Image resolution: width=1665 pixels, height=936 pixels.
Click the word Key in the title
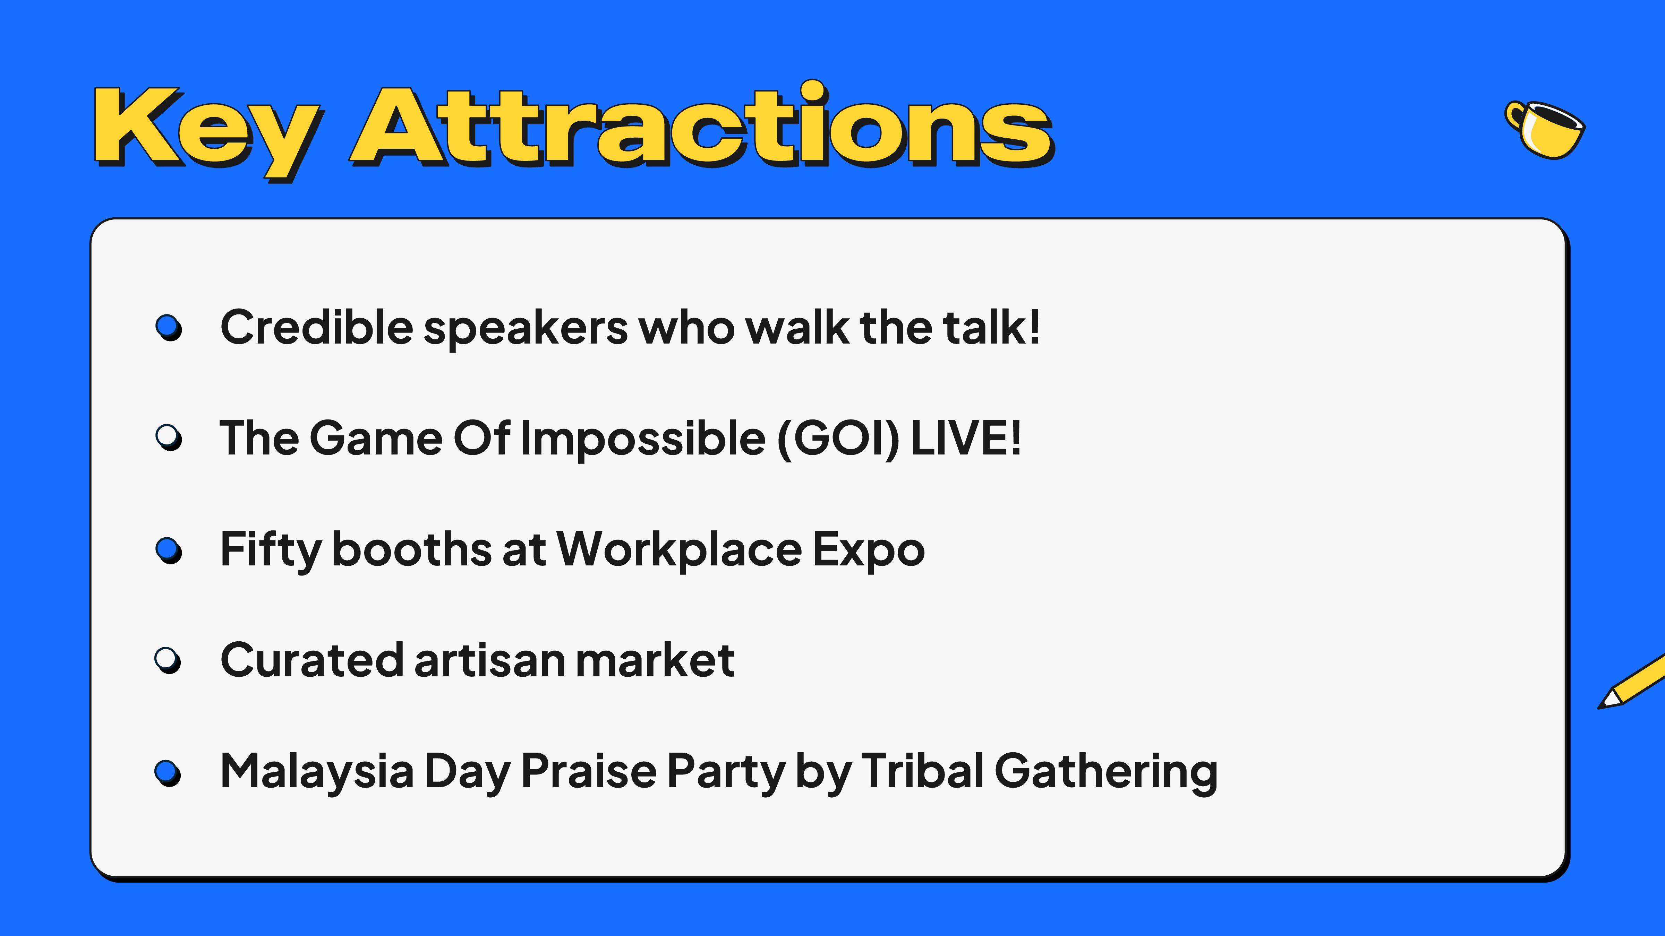pos(207,132)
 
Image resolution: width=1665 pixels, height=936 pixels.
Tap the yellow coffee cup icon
pos(1545,129)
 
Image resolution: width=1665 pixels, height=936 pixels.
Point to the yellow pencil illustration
pos(1632,682)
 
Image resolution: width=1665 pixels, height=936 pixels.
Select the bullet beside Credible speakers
pos(169,328)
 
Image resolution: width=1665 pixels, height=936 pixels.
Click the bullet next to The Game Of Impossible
pos(169,438)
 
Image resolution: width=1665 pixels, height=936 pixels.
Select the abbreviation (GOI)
pos(838,439)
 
